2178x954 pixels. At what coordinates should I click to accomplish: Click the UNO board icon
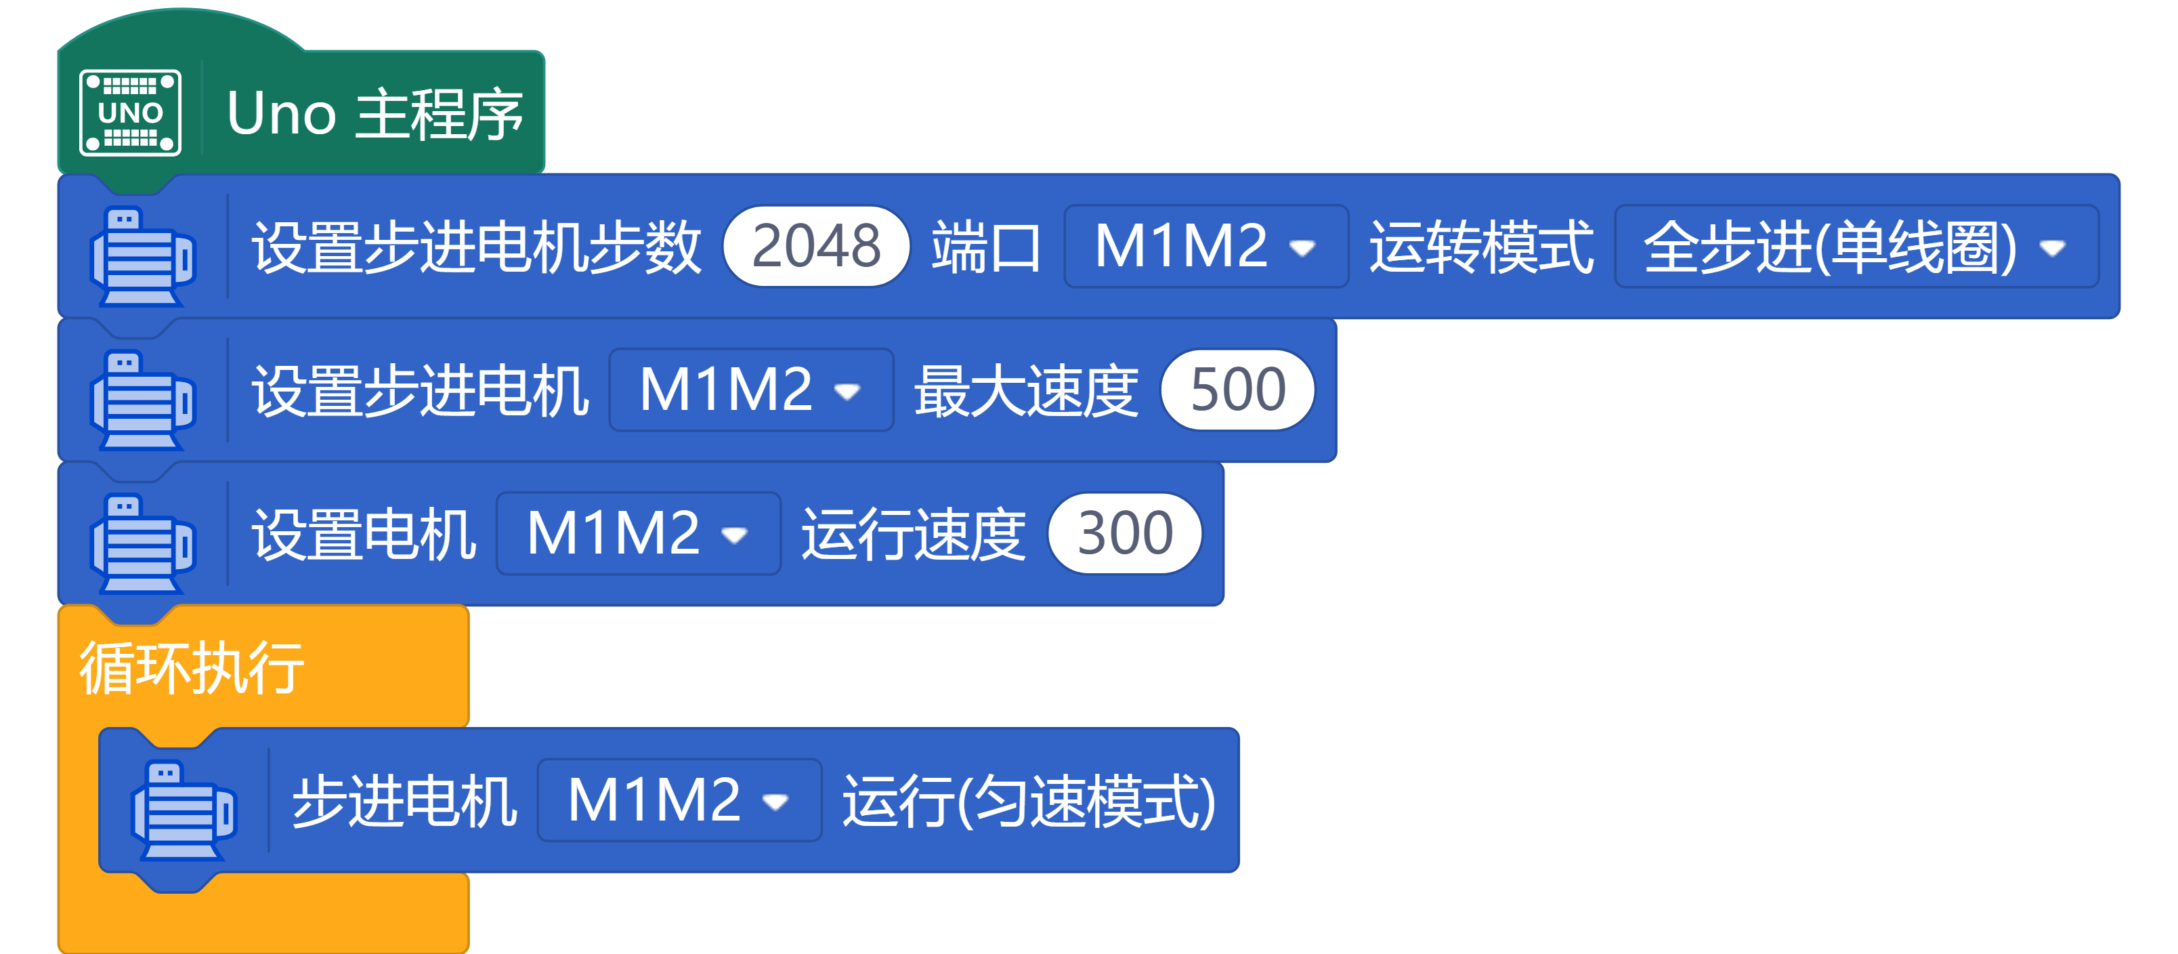tap(130, 112)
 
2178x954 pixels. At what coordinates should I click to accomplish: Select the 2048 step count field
tap(816, 246)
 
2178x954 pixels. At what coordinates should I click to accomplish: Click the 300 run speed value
tap(1124, 534)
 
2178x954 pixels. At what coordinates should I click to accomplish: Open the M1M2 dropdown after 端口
tap(1205, 246)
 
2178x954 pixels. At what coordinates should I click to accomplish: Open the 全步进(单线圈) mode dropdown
tap(1856, 246)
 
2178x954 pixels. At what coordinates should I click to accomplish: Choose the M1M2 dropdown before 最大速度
tap(750, 390)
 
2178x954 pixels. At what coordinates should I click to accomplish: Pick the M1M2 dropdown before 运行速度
tap(637, 534)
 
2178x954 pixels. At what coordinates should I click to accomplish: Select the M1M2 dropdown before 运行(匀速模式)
tap(679, 800)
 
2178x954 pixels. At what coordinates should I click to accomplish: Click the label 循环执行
tap(192, 668)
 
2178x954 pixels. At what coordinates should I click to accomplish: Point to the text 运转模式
tap(1480, 247)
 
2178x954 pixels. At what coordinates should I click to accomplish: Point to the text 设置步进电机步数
tap(476, 247)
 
